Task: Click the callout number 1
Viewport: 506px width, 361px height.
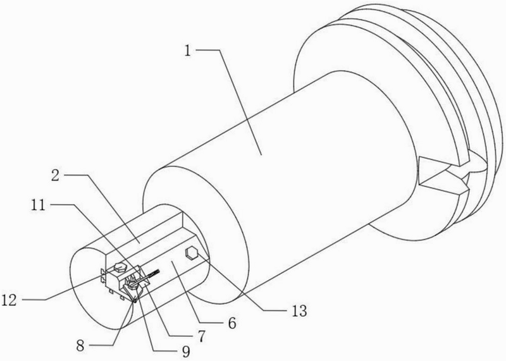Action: point(187,51)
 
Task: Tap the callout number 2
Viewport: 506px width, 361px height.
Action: point(55,175)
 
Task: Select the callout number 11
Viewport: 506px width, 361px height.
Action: point(39,205)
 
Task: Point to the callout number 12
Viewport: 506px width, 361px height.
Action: point(9,300)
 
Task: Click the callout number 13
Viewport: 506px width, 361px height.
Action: point(299,311)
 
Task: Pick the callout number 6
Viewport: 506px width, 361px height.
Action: point(232,323)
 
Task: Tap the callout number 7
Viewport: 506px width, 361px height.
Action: point(201,336)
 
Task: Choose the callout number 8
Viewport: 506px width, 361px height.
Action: point(80,346)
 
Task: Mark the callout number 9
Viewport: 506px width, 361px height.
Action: point(185,352)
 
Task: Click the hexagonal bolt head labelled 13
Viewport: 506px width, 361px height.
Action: point(192,253)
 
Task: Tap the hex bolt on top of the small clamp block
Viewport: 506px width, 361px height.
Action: point(120,267)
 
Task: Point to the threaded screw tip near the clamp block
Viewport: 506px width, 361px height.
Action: point(154,273)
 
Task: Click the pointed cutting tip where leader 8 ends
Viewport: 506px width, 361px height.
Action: point(135,302)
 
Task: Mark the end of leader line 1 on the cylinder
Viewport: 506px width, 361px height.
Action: point(262,155)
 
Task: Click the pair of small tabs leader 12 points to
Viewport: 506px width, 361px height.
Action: point(103,275)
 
